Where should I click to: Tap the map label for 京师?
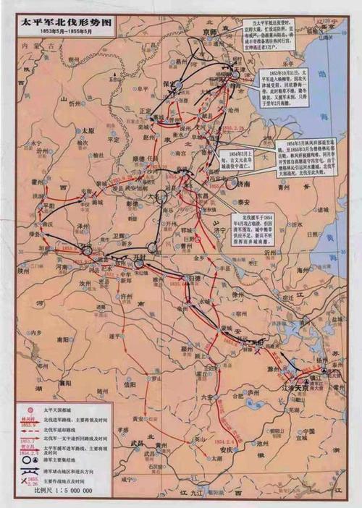pyautogui.click(x=211, y=34)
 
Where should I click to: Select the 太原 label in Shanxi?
pyautogui.click(x=87, y=130)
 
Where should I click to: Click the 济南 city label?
pyautogui.click(x=244, y=185)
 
